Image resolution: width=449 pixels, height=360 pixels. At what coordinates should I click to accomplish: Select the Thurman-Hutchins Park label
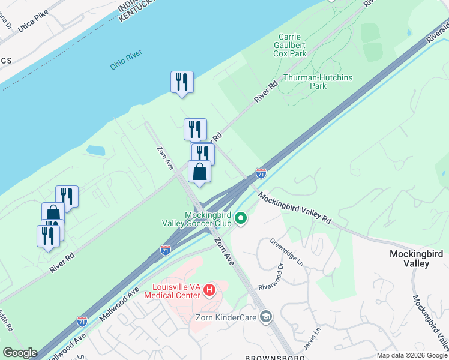click(x=318, y=82)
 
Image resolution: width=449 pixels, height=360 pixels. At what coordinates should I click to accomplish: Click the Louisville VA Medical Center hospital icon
click(x=209, y=290)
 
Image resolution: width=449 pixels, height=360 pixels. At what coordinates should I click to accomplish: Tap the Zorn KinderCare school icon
click(x=267, y=317)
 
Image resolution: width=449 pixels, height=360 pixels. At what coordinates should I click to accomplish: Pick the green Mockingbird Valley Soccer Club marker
click(x=241, y=218)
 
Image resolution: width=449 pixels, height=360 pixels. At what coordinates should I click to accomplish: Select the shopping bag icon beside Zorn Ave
click(x=200, y=172)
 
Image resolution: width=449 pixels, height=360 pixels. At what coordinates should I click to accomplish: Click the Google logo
click(x=20, y=353)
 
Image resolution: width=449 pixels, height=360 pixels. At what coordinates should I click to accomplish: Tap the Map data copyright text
click(x=412, y=355)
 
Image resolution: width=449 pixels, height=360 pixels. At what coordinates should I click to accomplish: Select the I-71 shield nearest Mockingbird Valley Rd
click(x=261, y=173)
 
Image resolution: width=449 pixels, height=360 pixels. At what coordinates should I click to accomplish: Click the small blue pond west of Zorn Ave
click(x=95, y=149)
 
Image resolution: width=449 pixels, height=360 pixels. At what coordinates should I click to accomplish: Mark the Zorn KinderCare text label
click(x=226, y=317)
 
